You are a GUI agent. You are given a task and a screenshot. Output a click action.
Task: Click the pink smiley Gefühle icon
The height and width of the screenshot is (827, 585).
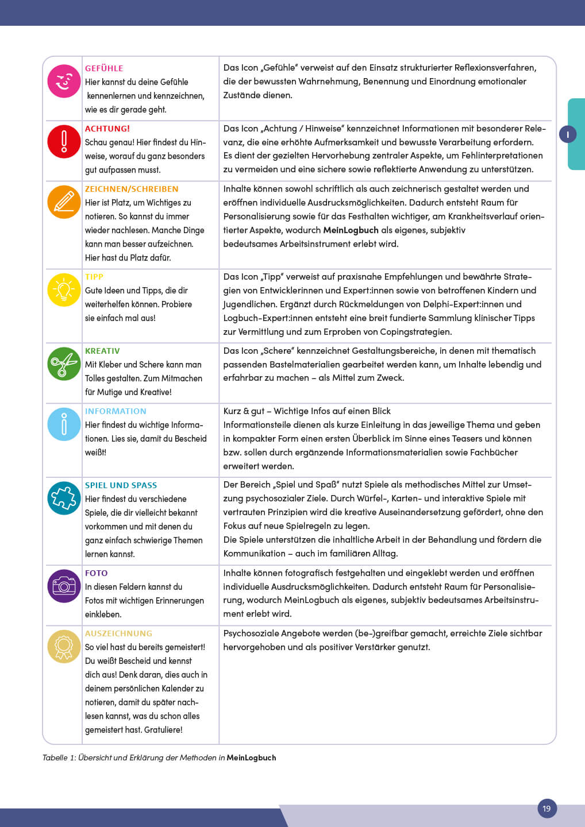64,82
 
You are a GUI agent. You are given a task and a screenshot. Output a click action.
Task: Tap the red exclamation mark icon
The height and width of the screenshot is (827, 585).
64,141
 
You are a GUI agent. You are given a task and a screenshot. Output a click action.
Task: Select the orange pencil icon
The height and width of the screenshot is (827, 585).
64,202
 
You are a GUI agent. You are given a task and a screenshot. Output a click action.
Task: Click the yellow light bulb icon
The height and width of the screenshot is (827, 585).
64,289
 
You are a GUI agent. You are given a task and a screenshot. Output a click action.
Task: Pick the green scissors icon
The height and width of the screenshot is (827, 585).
64,364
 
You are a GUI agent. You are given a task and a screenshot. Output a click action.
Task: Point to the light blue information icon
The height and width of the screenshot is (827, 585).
64,424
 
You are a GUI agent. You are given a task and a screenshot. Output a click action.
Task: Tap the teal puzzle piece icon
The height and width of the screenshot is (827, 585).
64,498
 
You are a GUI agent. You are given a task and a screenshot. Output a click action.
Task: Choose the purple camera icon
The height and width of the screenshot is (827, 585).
64,586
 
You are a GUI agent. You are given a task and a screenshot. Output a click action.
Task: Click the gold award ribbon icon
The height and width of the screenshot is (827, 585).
64,646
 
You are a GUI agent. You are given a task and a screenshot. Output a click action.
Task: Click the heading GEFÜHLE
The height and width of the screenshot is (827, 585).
104,68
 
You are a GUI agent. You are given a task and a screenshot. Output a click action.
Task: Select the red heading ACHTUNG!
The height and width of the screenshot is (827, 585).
107,129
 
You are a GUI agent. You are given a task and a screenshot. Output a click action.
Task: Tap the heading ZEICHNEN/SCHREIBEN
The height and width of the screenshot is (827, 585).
132,189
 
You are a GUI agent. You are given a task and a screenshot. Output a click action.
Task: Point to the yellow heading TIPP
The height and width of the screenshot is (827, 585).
94,277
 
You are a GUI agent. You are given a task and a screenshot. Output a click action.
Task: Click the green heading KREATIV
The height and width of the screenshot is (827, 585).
102,351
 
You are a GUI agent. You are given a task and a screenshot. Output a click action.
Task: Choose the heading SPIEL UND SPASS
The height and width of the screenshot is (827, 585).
121,485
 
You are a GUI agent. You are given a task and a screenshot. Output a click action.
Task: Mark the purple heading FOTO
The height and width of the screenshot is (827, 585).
96,573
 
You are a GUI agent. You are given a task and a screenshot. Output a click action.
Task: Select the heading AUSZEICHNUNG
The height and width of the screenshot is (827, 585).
118,633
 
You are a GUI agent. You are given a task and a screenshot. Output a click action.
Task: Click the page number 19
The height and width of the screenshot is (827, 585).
546,809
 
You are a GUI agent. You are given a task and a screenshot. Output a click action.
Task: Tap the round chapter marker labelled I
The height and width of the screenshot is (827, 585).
568,134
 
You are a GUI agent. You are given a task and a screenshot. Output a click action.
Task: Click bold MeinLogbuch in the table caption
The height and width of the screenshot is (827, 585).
251,758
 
